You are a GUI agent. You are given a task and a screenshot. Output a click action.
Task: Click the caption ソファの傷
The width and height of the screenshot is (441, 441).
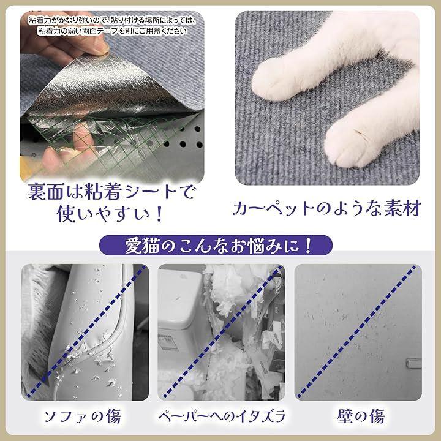[83, 417]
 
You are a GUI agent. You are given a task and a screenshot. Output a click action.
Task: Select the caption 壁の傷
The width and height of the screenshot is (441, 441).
[361, 417]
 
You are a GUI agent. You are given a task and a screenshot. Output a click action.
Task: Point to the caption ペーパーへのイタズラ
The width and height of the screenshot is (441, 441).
[221, 417]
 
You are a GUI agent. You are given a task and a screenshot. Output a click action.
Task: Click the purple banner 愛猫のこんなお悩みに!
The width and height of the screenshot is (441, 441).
[216, 245]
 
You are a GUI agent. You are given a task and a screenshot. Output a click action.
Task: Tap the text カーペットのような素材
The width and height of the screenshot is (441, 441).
[327, 208]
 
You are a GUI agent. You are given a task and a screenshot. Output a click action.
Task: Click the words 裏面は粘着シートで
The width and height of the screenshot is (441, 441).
[111, 192]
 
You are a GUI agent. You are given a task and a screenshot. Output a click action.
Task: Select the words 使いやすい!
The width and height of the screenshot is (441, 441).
[110, 213]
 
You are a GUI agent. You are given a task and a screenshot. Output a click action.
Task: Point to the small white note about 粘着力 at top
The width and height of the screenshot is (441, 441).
[113, 26]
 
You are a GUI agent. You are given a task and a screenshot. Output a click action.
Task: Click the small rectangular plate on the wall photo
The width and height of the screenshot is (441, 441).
[414, 363]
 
